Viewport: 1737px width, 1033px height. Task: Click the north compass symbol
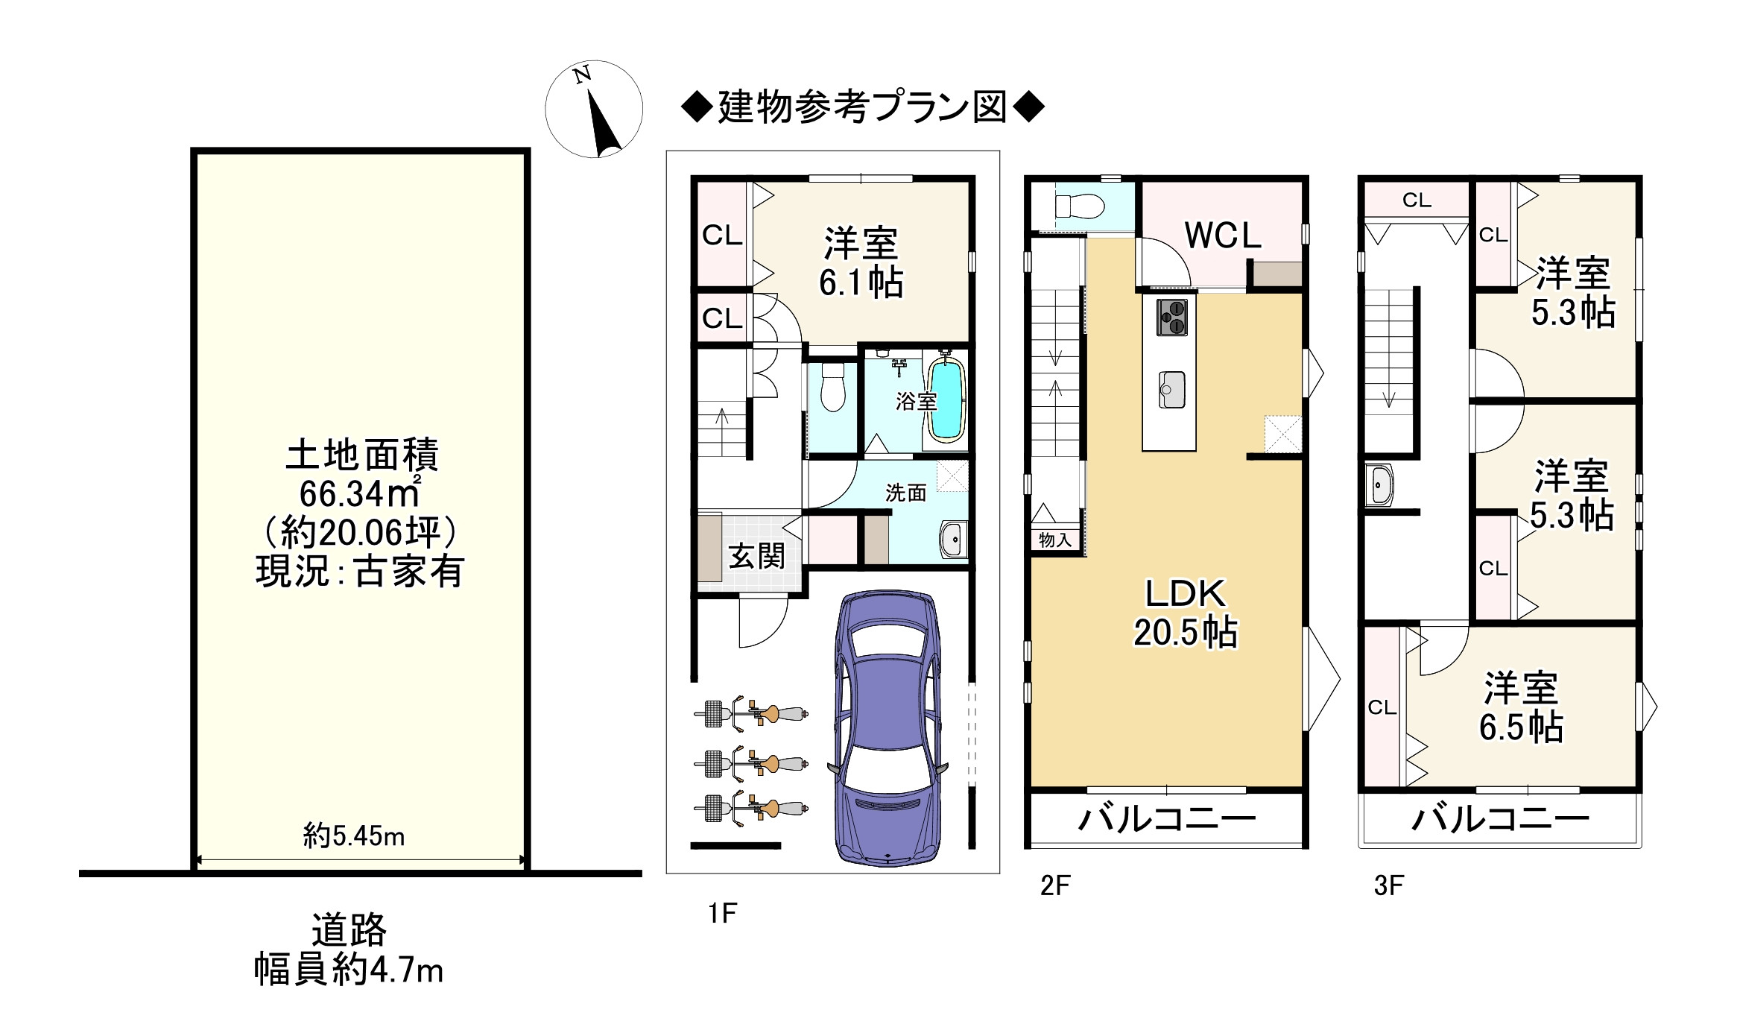[x=594, y=109]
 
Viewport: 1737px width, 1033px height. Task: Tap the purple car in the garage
[x=888, y=728]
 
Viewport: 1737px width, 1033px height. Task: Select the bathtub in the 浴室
[x=946, y=400]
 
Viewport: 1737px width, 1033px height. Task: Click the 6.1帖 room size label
[x=861, y=283]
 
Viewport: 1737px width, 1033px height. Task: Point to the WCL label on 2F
[x=1223, y=236]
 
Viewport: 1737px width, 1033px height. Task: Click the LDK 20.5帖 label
[x=1185, y=613]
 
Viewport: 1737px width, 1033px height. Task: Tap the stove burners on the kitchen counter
[x=1171, y=317]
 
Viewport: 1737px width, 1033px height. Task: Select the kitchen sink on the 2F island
[x=1171, y=389]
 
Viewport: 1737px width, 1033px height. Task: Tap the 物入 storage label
[x=1055, y=540]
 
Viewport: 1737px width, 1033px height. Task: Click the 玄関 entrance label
[x=756, y=556]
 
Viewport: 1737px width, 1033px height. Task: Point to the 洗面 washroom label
[x=906, y=493]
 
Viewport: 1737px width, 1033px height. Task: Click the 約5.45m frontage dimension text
[x=353, y=836]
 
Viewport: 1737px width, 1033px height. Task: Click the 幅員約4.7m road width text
[x=348, y=970]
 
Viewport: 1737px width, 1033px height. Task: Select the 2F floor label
[x=1055, y=885]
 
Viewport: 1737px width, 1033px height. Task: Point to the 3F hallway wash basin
[x=1379, y=485]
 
